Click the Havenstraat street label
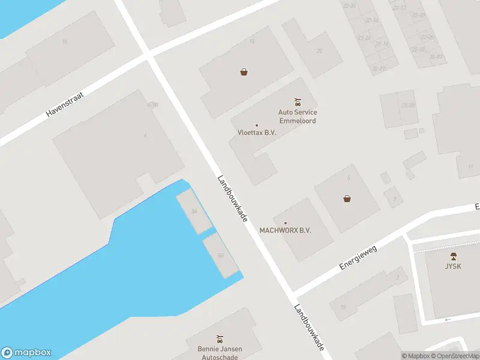coord(66,103)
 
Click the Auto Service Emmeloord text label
coord(297,116)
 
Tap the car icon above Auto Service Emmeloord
coord(297,101)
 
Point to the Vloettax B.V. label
coord(256,133)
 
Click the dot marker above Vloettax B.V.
coord(257,125)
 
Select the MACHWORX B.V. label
coord(285,230)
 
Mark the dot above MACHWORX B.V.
coord(285,223)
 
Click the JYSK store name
coord(453,266)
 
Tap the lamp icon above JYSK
coord(453,256)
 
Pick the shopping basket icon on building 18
coord(244,72)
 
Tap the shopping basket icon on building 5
coord(347,198)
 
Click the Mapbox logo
coord(26,353)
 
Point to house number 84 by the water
coord(194,211)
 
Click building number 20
coord(319,51)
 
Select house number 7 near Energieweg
coord(394,198)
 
